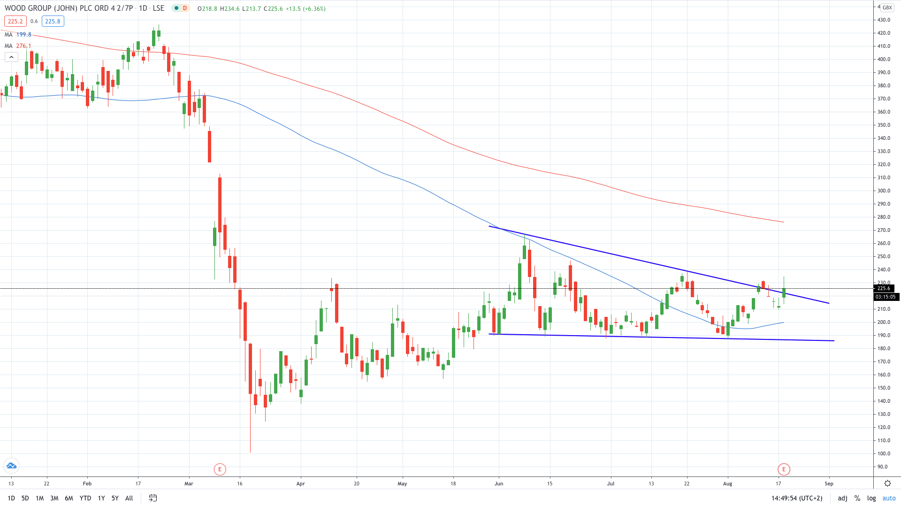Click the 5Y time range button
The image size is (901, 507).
point(115,498)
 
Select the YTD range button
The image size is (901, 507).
point(85,498)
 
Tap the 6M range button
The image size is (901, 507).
point(69,498)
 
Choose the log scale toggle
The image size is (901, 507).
point(871,498)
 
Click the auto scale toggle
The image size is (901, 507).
point(889,498)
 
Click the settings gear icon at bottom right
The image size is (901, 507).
point(887,484)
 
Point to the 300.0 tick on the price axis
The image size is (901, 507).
point(884,191)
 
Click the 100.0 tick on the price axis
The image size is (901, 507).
point(884,453)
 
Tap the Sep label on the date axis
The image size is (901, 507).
point(829,484)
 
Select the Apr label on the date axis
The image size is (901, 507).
point(301,484)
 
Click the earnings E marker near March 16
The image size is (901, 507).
point(220,469)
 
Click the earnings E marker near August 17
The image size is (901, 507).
point(784,469)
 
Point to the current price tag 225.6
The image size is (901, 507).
point(884,288)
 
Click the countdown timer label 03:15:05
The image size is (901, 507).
point(886,297)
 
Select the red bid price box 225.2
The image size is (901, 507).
point(15,21)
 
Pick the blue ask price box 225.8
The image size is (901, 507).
point(53,21)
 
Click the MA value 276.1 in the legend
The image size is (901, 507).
point(23,46)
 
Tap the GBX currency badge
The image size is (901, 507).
point(887,8)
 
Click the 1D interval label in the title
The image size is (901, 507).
point(143,8)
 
